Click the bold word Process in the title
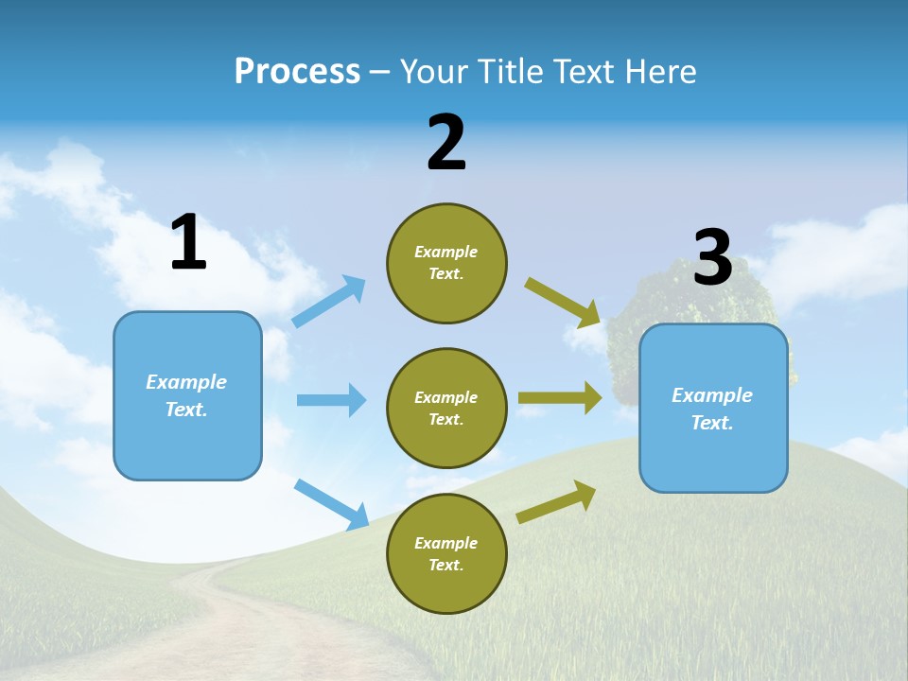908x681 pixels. pos(297,71)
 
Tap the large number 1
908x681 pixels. pos(188,243)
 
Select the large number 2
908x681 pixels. pos(446,143)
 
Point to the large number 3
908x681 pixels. pos(712,258)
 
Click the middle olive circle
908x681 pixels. pos(446,409)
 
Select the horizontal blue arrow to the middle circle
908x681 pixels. pos(331,400)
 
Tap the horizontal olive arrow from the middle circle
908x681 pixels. pos(560,398)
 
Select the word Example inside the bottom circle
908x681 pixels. pos(445,543)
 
